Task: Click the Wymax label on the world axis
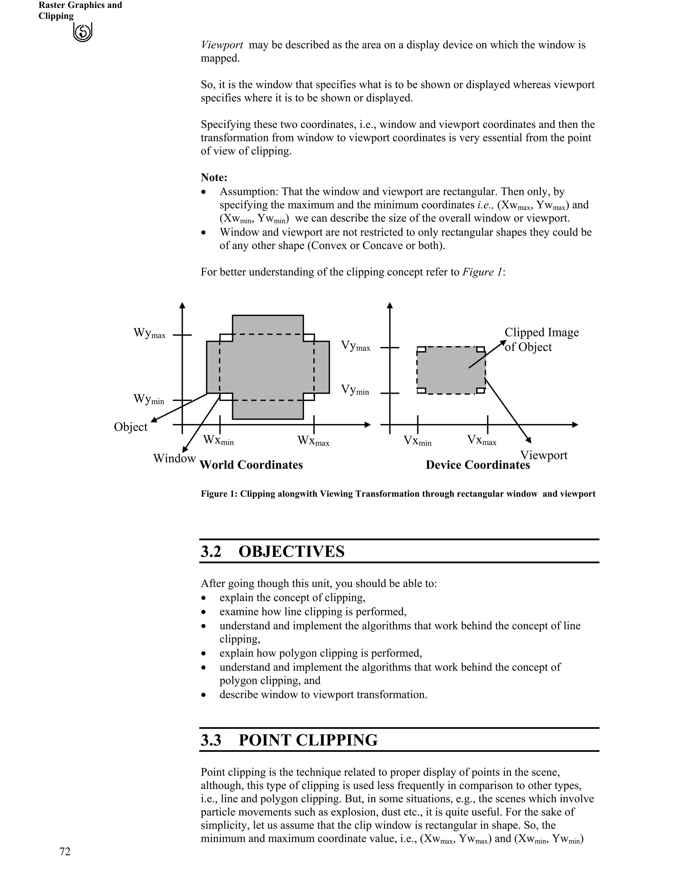(x=149, y=334)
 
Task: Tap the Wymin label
(x=149, y=400)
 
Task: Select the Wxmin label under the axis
(x=218, y=440)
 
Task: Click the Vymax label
(x=355, y=346)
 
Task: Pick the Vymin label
(x=355, y=390)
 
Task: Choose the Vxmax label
(x=482, y=440)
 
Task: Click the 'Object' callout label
(x=131, y=427)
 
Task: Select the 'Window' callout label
(x=174, y=459)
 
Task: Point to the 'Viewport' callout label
(x=543, y=455)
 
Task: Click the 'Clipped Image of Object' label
(x=541, y=340)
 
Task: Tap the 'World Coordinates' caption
(x=251, y=465)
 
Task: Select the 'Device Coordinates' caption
(x=478, y=465)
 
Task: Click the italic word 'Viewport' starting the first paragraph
(x=222, y=45)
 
